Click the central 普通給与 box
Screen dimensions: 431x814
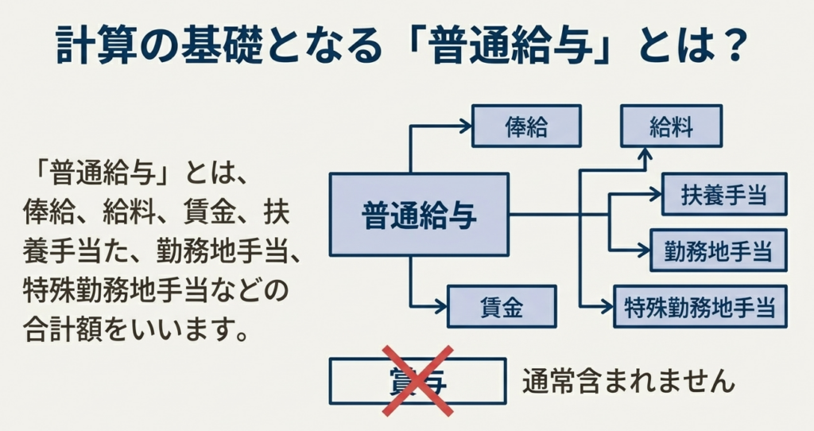(419, 215)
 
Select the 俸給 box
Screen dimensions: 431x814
(526, 126)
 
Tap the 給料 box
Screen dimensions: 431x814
(671, 126)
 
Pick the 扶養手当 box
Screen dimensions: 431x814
(724, 194)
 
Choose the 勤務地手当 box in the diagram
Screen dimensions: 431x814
(719, 250)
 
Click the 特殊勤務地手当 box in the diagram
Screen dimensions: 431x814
(700, 305)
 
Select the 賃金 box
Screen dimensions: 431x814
(501, 306)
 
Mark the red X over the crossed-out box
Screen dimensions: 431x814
(417, 381)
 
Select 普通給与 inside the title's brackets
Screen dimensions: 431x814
(513, 46)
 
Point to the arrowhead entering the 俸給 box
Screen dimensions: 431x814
(467, 126)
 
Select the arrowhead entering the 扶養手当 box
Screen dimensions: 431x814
(657, 194)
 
